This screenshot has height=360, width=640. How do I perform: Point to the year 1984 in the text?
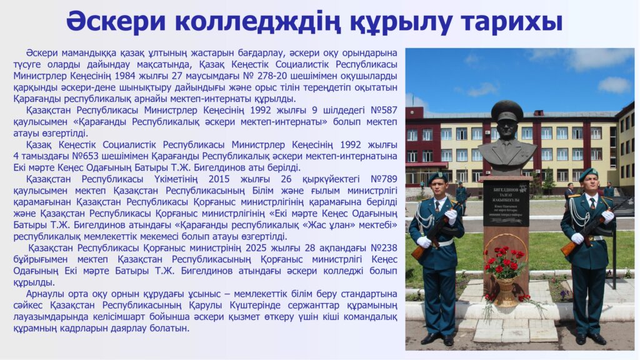[125, 76]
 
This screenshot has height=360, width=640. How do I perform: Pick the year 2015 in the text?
[219, 179]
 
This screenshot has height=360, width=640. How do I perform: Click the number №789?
[384, 179]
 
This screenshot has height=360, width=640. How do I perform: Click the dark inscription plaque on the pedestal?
[506, 203]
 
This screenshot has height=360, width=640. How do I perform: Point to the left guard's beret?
[437, 176]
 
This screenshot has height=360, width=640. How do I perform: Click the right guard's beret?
[588, 174]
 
